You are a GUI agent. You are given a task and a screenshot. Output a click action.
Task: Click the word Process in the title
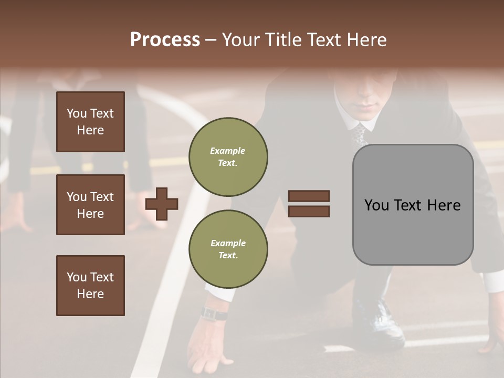[165, 40]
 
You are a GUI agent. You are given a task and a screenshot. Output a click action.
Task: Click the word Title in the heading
[282, 40]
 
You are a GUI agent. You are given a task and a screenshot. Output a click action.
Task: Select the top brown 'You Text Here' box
[90, 122]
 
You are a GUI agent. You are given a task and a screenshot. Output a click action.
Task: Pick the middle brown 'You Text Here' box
[90, 205]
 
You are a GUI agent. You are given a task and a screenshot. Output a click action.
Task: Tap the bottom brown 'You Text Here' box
[90, 286]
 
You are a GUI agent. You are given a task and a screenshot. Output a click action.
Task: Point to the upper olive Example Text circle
[228, 157]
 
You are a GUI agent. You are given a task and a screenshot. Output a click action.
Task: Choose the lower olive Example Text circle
[228, 249]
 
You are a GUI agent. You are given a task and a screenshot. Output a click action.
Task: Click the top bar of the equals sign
[309, 196]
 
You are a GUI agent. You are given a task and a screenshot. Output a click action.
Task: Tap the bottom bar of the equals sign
[309, 211]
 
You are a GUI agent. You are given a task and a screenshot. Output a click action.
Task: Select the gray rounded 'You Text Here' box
[413, 205]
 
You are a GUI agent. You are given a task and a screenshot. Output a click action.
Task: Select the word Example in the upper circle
[227, 151]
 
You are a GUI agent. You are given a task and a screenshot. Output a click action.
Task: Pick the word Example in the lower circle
[228, 243]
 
